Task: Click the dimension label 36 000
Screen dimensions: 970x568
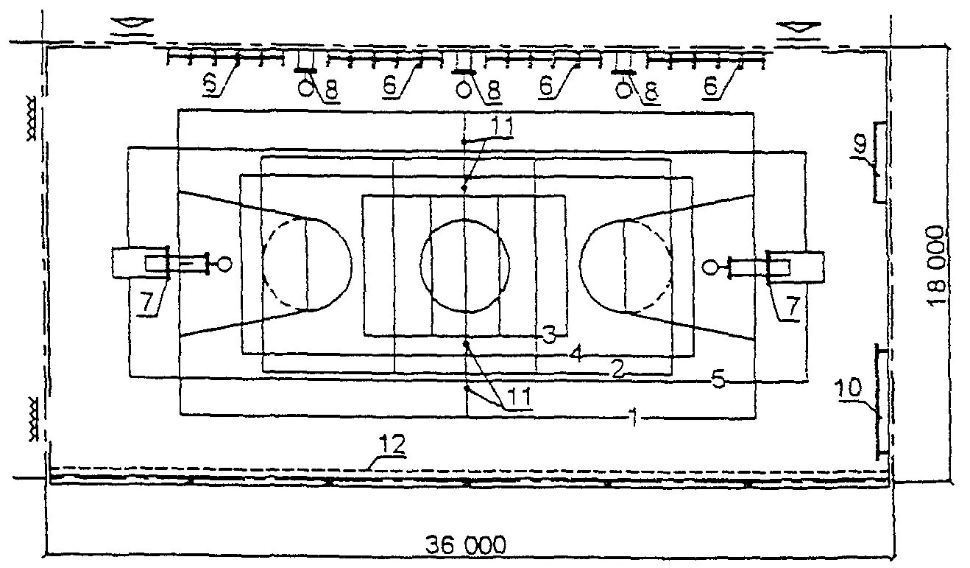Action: click(x=466, y=546)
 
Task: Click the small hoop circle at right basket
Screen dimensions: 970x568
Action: click(x=710, y=265)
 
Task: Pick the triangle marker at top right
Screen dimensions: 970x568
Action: click(x=797, y=29)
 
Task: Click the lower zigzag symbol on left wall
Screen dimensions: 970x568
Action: click(x=33, y=420)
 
